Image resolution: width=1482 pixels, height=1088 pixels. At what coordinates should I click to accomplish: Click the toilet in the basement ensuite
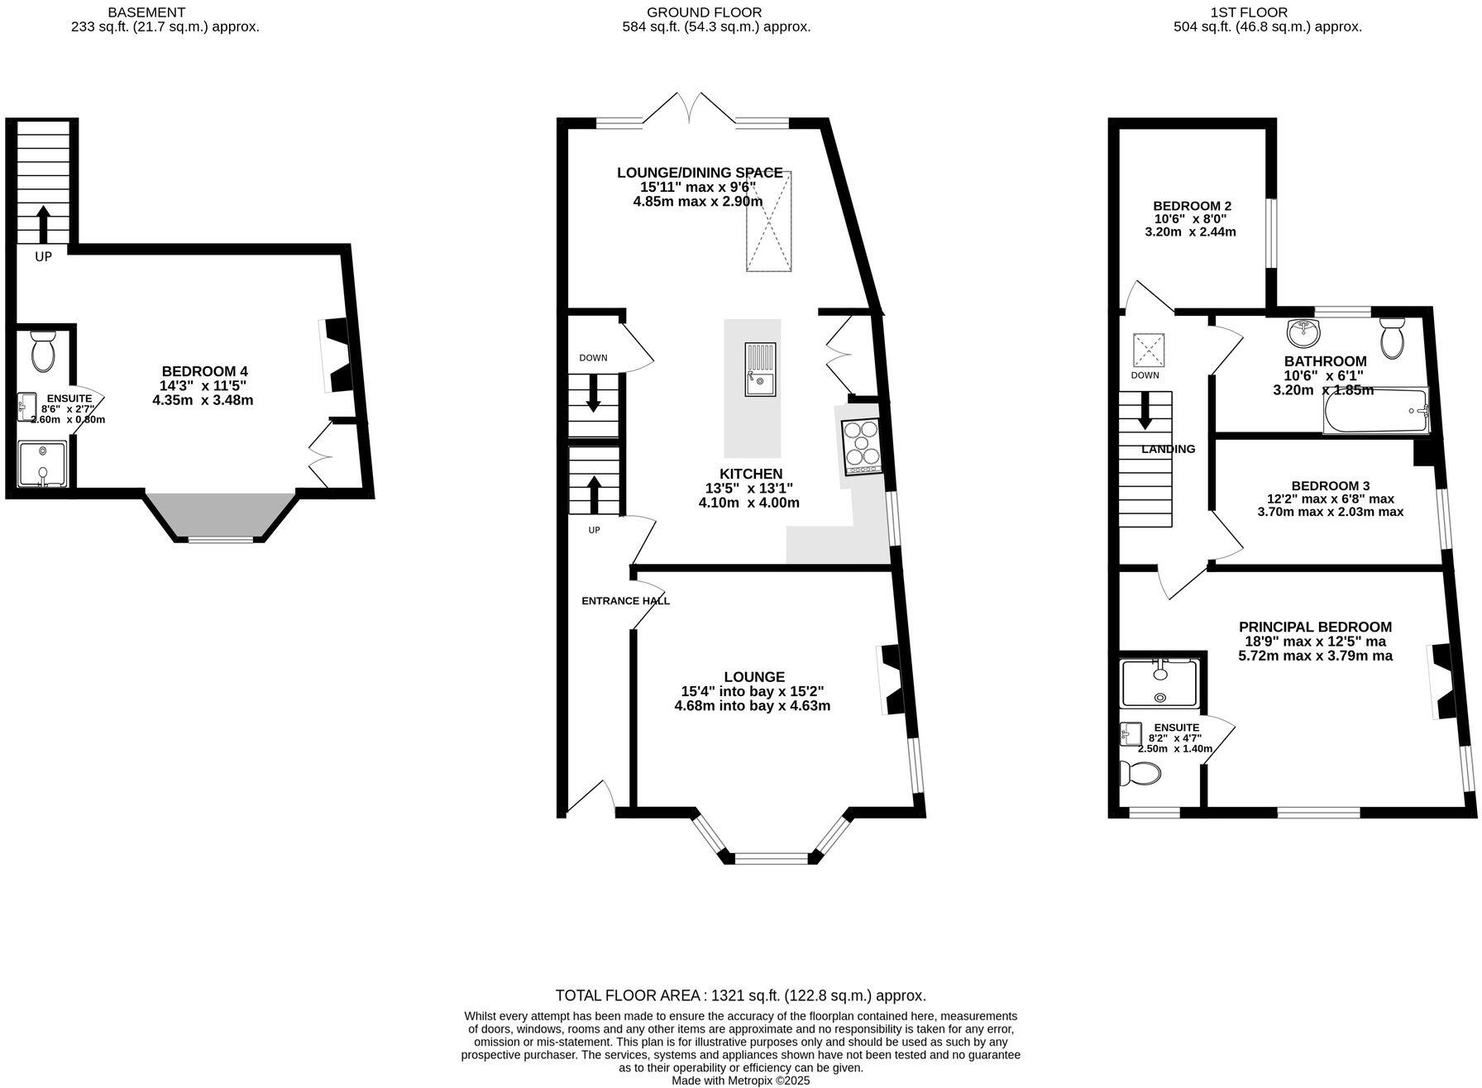(x=42, y=351)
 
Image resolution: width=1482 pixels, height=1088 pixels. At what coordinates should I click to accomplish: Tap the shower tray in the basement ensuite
(x=42, y=465)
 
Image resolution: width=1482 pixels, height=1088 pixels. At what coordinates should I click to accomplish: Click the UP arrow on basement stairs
(x=43, y=221)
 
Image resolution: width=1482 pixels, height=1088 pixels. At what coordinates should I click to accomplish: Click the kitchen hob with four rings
(x=861, y=446)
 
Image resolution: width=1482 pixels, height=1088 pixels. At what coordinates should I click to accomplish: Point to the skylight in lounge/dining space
(x=769, y=221)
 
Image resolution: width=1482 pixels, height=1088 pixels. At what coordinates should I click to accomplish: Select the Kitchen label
(x=750, y=474)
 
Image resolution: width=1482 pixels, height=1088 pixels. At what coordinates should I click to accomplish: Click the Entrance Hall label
(x=625, y=601)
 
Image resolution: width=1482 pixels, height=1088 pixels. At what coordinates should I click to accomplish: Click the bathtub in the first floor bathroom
(x=1376, y=412)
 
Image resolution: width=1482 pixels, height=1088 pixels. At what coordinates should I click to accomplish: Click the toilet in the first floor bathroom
(x=1394, y=337)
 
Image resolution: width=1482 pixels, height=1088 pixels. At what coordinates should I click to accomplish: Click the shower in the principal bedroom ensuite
(x=1159, y=682)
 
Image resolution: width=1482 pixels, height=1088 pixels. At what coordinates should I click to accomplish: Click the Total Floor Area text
(x=740, y=995)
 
